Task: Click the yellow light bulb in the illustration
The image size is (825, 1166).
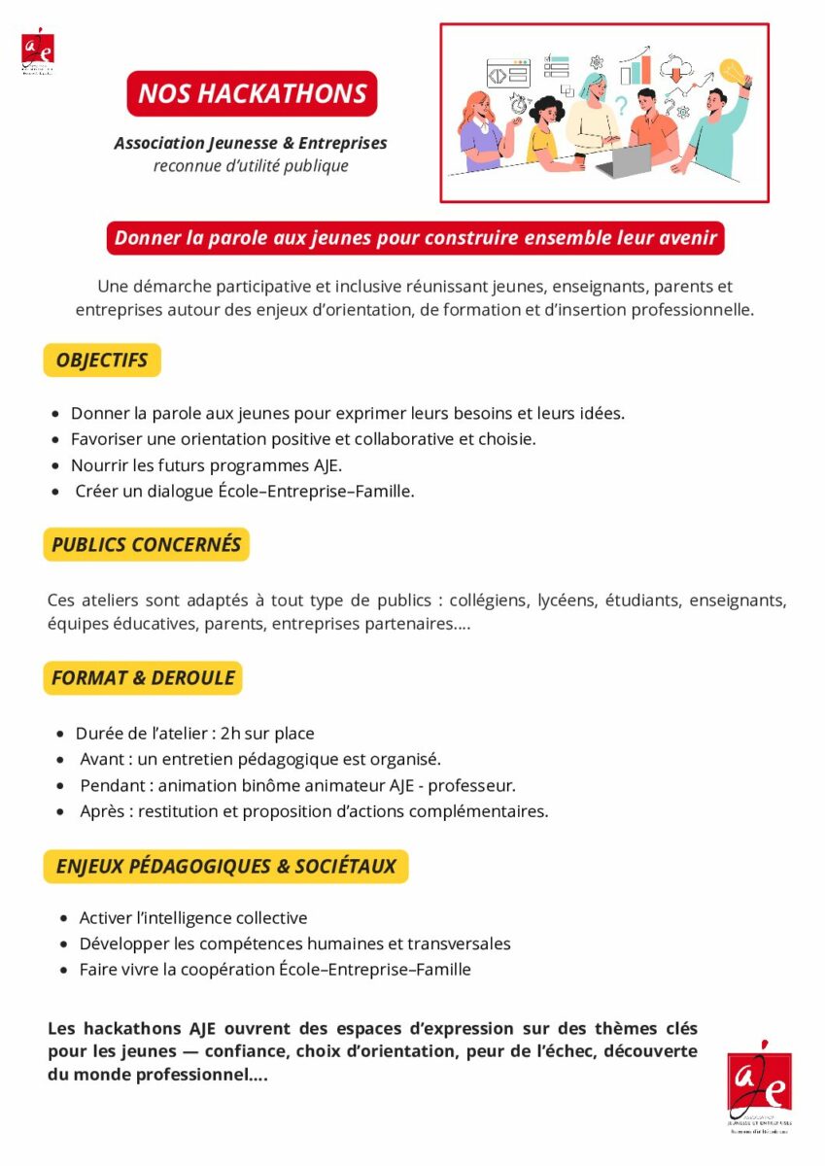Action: pyautogui.click(x=731, y=71)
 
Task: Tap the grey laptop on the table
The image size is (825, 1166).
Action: pyautogui.click(x=622, y=160)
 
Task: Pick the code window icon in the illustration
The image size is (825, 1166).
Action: pyautogui.click(x=508, y=74)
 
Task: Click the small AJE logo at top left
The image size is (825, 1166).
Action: pyautogui.click(x=38, y=51)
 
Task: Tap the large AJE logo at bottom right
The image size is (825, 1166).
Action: pyautogui.click(x=759, y=1086)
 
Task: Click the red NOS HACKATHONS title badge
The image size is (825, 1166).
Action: pyautogui.click(x=252, y=93)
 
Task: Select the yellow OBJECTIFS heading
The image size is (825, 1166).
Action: pyautogui.click(x=102, y=360)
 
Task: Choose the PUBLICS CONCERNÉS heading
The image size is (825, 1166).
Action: pyautogui.click(x=146, y=545)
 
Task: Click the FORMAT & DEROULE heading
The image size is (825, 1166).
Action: pyautogui.click(x=143, y=678)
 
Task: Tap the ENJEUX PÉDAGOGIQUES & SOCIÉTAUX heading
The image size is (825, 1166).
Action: pyautogui.click(x=225, y=867)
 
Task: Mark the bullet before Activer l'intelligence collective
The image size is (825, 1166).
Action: pyautogui.click(x=65, y=918)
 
